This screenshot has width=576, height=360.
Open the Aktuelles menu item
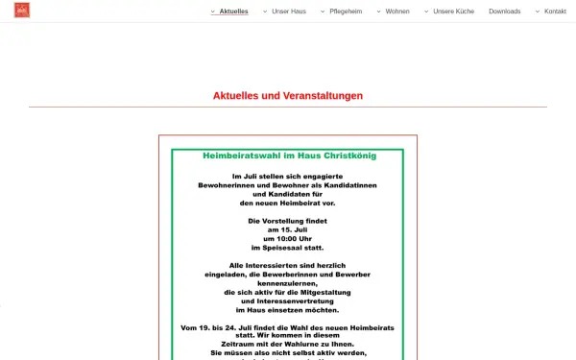point(233,12)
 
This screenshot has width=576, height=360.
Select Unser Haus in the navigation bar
point(288,12)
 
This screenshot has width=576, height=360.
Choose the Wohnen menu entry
point(397,12)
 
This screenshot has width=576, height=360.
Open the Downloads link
point(504,12)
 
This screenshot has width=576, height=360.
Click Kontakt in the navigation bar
point(555,12)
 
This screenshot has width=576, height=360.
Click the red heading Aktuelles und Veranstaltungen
point(288,95)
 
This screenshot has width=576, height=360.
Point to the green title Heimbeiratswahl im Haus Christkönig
point(288,155)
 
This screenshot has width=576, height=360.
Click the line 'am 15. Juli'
point(288,229)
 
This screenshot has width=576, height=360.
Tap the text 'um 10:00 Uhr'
point(288,238)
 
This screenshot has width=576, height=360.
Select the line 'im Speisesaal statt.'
point(288,248)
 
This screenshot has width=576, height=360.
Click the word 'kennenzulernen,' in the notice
point(288,283)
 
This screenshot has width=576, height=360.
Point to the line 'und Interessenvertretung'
point(288,301)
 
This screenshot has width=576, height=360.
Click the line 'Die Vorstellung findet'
point(288,221)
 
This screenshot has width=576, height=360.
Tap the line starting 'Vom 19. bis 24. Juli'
point(288,328)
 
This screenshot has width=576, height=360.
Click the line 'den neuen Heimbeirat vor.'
point(288,203)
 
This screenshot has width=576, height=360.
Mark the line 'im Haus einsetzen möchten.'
point(288,310)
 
